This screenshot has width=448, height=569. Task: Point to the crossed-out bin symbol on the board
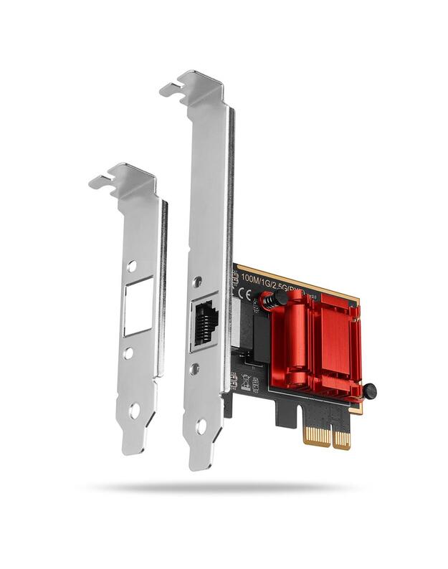click(246, 381)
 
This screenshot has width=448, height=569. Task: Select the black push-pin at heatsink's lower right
click(368, 391)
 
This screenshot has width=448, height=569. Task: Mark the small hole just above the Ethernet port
click(197, 281)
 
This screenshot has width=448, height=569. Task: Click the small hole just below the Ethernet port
click(194, 369)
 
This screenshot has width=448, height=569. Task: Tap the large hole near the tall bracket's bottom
click(201, 426)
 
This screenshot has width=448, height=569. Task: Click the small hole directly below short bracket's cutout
click(128, 353)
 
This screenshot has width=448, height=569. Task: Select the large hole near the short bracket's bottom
click(134, 411)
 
